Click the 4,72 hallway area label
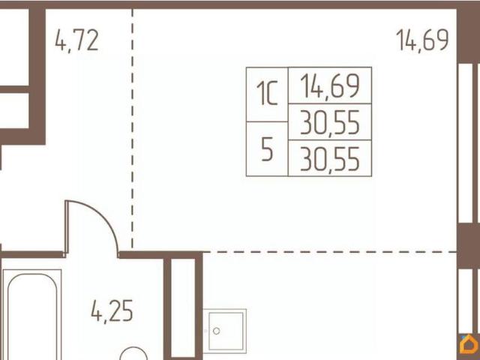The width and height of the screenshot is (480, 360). [x=76, y=41]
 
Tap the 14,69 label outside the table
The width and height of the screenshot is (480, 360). [x=422, y=40]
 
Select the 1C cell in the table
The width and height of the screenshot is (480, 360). [x=267, y=94]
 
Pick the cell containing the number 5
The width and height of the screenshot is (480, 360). [x=267, y=149]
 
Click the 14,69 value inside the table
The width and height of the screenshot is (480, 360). [x=330, y=85]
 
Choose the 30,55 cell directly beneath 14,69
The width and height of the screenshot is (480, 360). [x=330, y=121]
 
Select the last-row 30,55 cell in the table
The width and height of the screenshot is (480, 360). [x=330, y=158]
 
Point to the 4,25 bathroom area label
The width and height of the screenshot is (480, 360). [x=112, y=311]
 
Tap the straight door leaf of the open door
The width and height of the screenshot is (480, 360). [x=66, y=227]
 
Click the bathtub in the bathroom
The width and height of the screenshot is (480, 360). [x=32, y=315]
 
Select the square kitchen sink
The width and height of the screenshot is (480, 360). [x=225, y=331]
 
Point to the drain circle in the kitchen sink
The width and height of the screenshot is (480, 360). [x=217, y=331]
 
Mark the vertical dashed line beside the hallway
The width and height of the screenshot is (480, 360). [x=133, y=128]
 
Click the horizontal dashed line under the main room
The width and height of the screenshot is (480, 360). [x=330, y=252]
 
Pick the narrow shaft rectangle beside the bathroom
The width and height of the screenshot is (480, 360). [x=183, y=309]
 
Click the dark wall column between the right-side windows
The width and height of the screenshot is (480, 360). [x=468, y=246]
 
